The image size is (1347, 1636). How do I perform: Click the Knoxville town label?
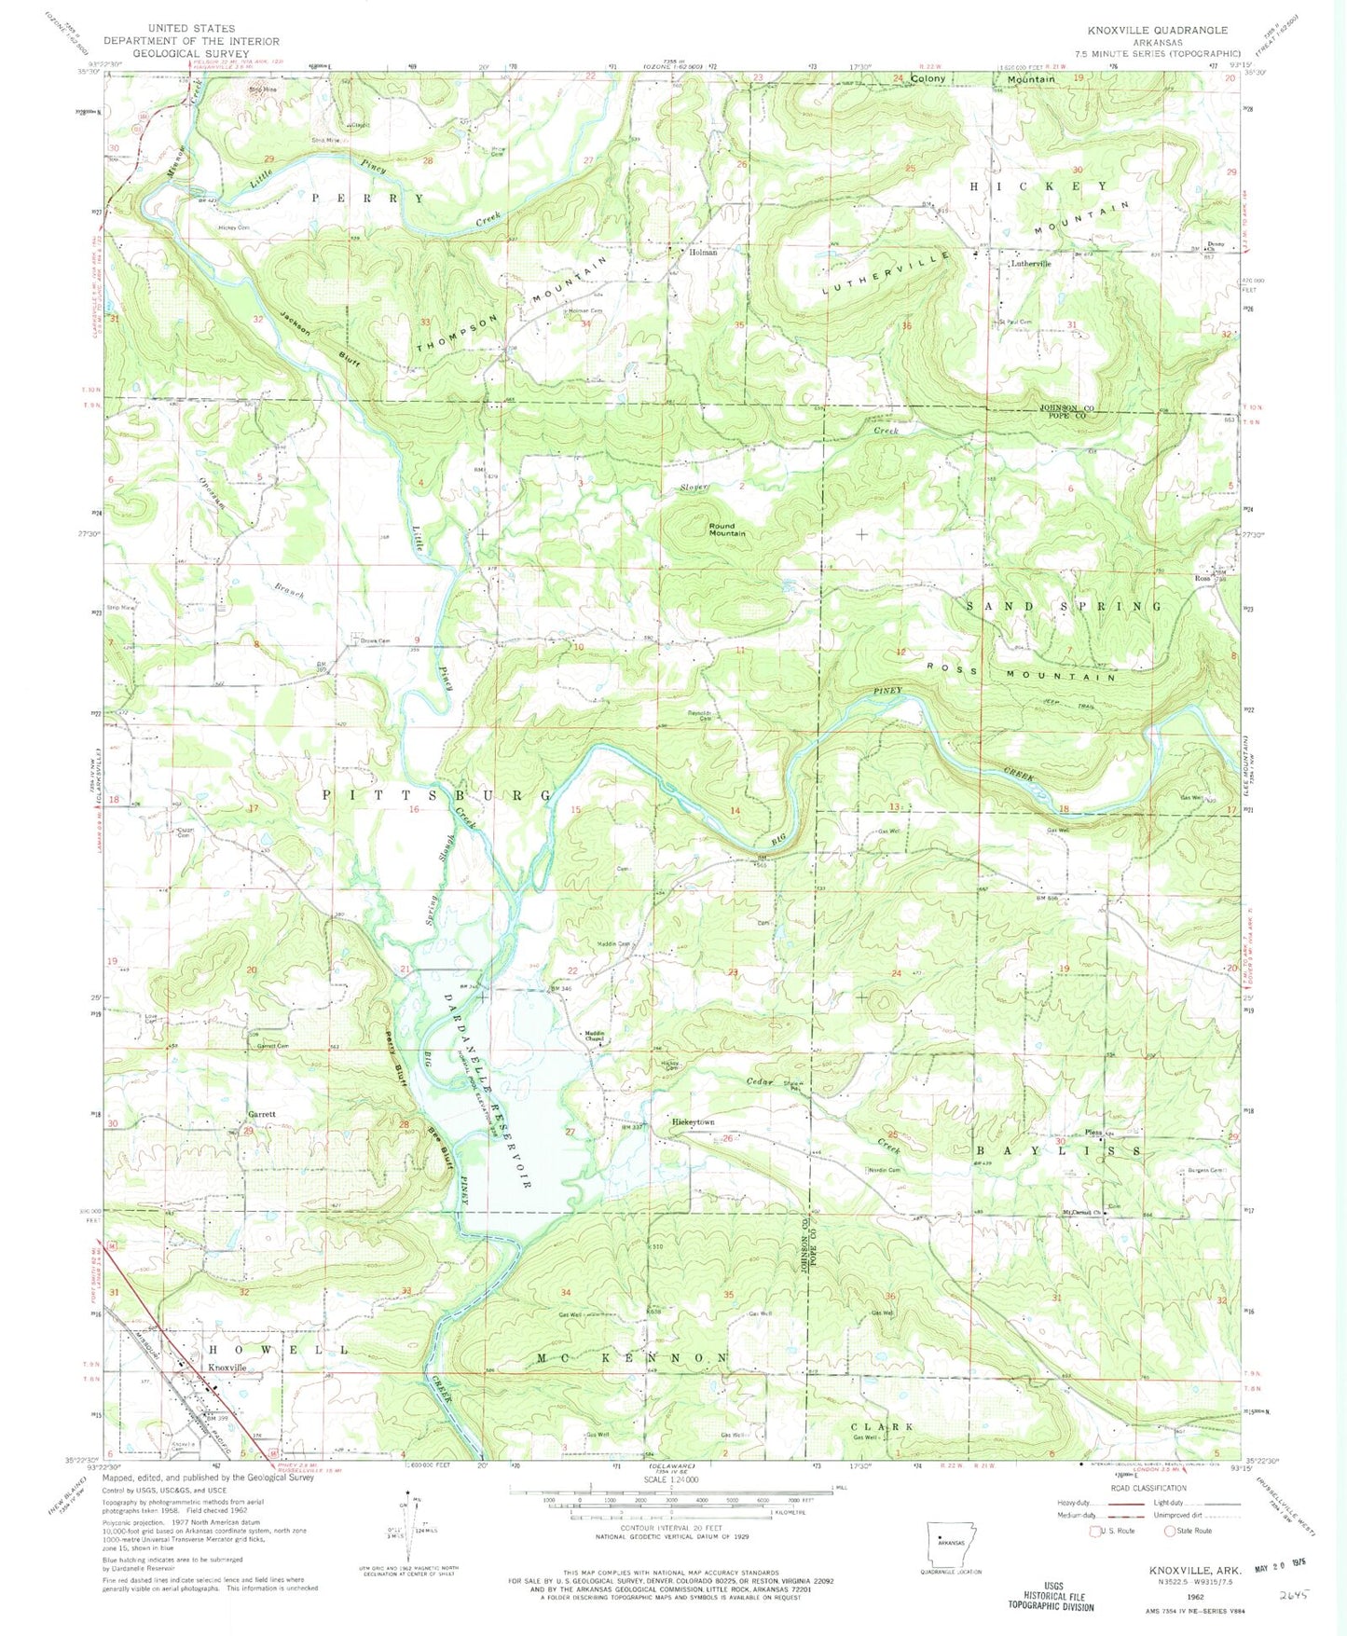pos(227,1367)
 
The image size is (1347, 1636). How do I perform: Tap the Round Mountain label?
pos(727,529)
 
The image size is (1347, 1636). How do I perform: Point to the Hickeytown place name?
pos(693,1122)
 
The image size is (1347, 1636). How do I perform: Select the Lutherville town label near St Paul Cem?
pos(1031,264)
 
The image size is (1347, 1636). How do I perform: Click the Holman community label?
pos(703,253)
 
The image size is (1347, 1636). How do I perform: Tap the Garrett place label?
pos(261,1115)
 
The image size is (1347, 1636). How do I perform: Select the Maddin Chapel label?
pos(596,1036)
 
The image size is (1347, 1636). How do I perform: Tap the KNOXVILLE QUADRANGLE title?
pos(1165,30)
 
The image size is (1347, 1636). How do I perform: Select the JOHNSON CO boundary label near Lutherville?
pos(1069,408)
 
